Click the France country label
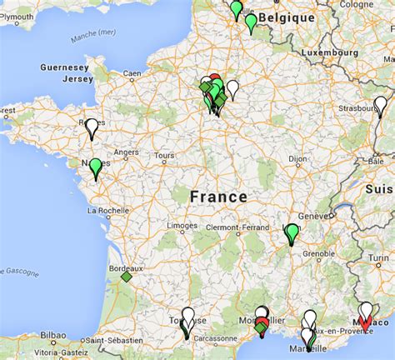pos(218,197)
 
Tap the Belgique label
pos(286,17)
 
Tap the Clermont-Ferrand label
pos(250,226)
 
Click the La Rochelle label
pos(105,210)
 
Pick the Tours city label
pos(163,155)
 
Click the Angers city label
pos(126,152)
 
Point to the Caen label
pos(132,73)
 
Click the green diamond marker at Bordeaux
pos(127,277)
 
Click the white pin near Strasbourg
pos(380,106)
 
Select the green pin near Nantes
pos(96,167)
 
